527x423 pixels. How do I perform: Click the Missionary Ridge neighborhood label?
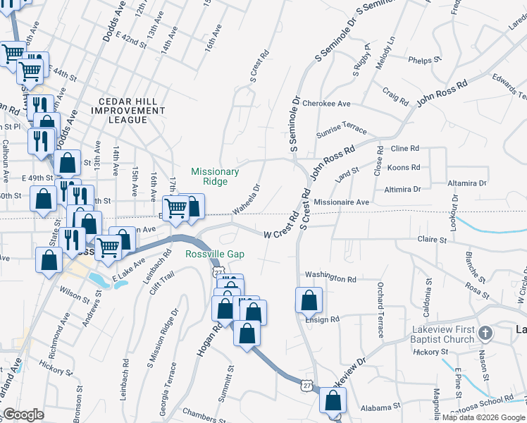(x=216, y=176)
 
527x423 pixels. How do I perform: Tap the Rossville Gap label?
(x=215, y=255)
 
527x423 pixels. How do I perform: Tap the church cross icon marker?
(x=485, y=332)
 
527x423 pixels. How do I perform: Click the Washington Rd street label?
(x=330, y=278)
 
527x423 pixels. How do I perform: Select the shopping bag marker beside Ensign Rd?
(x=309, y=300)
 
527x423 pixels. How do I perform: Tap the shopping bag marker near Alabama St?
(x=333, y=401)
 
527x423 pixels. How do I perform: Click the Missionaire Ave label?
(x=342, y=202)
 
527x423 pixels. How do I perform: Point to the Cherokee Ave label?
(x=326, y=104)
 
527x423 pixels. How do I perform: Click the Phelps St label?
(x=423, y=61)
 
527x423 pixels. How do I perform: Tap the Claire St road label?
(x=433, y=240)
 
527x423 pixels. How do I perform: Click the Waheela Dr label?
(x=247, y=199)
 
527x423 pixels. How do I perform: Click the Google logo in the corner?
(x=23, y=415)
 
